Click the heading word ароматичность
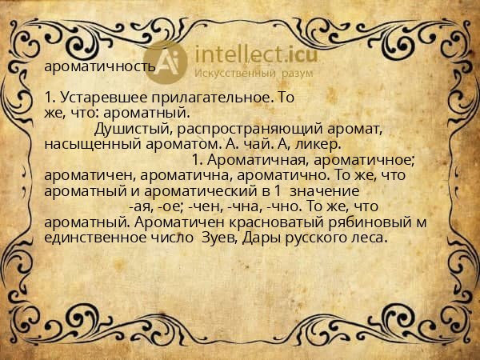point(100,66)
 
